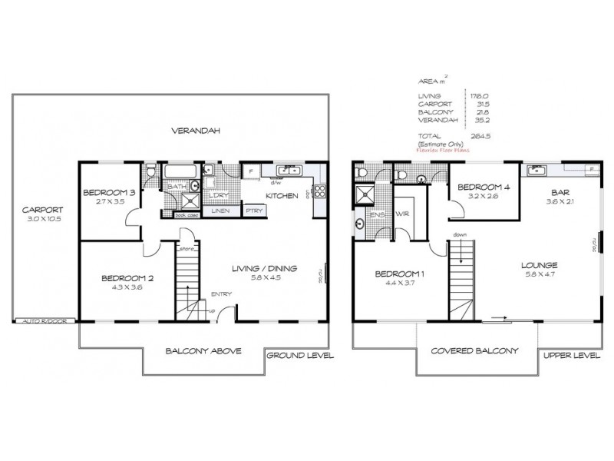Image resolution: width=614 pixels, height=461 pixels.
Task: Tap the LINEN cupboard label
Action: coord(221,210)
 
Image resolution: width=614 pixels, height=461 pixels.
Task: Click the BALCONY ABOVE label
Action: coord(203,351)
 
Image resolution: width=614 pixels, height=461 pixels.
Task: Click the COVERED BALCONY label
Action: coord(475,350)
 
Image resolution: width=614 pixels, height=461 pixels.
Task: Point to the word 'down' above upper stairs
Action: coord(460,234)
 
